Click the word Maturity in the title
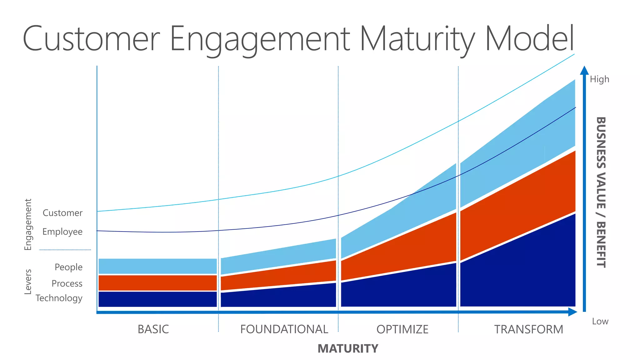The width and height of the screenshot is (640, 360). pyautogui.click(x=417, y=39)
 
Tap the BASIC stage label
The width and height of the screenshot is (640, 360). pyautogui.click(x=153, y=329)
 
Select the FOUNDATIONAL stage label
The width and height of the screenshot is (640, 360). pyautogui.click(x=284, y=329)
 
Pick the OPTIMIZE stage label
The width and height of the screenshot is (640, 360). pyautogui.click(x=402, y=329)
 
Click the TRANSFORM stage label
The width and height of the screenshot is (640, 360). pyautogui.click(x=528, y=329)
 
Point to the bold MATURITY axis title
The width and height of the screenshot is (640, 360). pyautogui.click(x=348, y=348)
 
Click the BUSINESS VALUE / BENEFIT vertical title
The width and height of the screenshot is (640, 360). pyautogui.click(x=601, y=192)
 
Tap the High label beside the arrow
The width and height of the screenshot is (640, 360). pyautogui.click(x=599, y=79)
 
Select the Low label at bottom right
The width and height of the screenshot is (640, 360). pyautogui.click(x=600, y=321)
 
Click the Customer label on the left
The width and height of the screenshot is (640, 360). pyautogui.click(x=62, y=213)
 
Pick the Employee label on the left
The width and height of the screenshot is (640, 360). pyautogui.click(x=62, y=232)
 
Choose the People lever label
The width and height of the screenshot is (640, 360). pyautogui.click(x=68, y=267)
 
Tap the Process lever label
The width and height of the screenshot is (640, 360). pyautogui.click(x=67, y=283)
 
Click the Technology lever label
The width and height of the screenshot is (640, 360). pyautogui.click(x=59, y=298)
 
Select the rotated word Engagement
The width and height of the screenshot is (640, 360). pyautogui.click(x=28, y=224)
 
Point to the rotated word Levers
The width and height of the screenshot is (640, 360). pyautogui.click(x=28, y=282)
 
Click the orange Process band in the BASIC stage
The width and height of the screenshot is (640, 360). pyautogui.click(x=157, y=283)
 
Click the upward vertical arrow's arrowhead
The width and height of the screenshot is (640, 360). pyautogui.click(x=584, y=71)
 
